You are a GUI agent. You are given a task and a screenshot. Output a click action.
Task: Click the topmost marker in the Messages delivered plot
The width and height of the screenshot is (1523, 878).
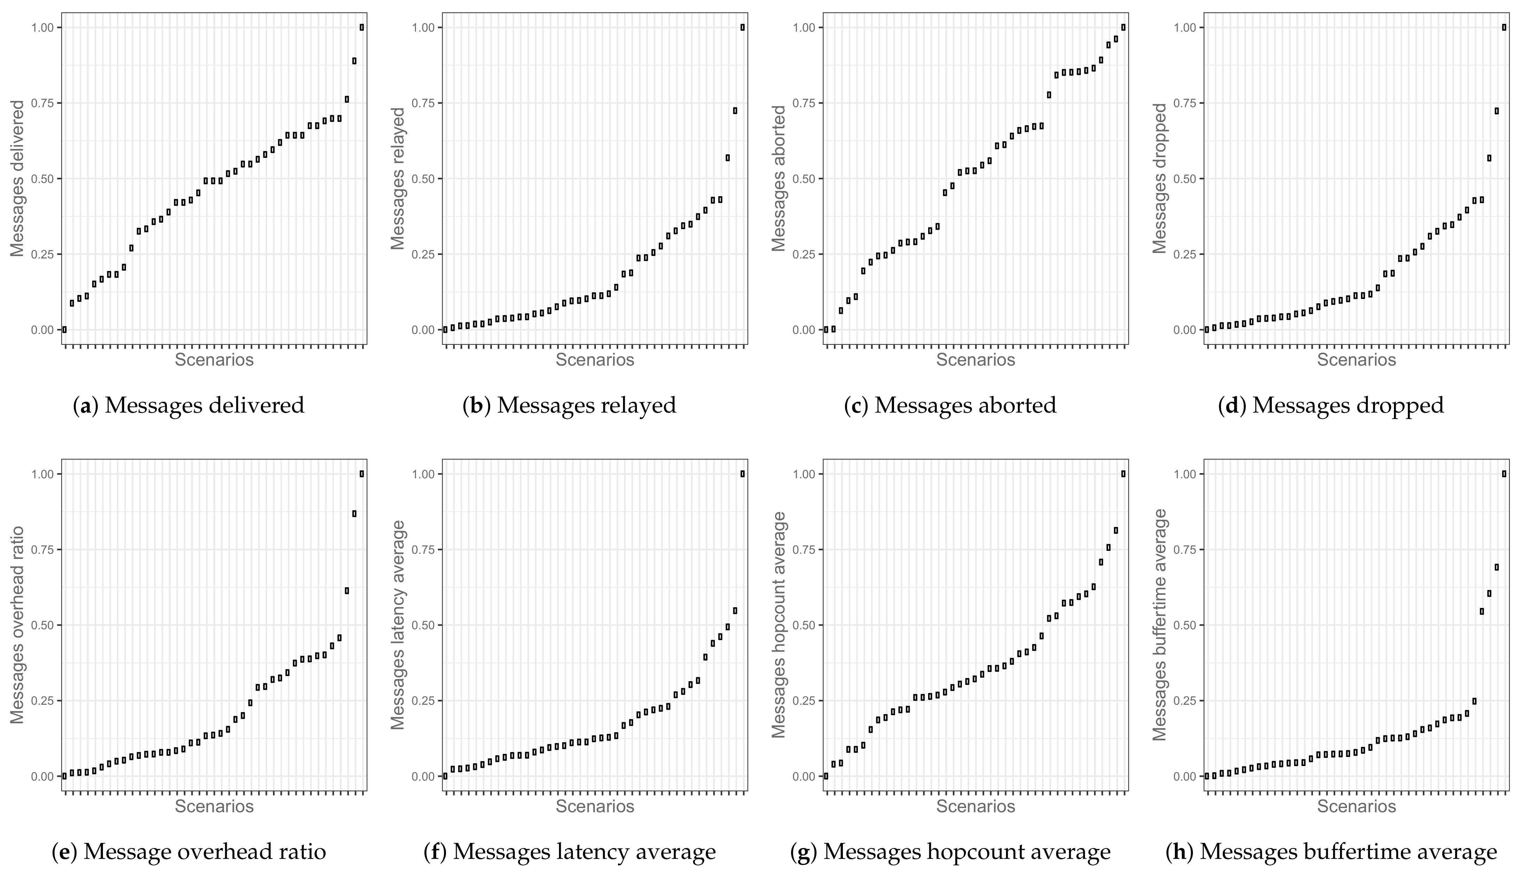[x=362, y=27]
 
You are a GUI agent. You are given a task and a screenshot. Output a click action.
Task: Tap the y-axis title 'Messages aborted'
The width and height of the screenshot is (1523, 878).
[x=780, y=178]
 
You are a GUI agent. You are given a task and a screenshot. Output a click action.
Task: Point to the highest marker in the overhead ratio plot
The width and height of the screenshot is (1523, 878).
[x=362, y=474]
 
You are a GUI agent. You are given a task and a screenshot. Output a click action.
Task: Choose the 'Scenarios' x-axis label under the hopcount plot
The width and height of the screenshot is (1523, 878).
[x=975, y=806]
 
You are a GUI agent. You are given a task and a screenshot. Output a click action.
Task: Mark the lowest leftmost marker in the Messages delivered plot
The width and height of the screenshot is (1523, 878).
[x=64, y=329]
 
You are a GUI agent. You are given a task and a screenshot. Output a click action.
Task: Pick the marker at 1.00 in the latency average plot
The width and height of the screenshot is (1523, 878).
[x=742, y=474]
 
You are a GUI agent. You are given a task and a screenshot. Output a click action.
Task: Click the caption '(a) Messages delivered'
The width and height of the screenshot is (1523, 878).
[x=189, y=405]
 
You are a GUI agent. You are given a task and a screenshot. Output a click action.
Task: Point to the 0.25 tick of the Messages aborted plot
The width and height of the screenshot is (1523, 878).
[x=803, y=254]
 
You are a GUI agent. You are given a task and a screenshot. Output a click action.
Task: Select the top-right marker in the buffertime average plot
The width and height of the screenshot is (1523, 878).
[x=1504, y=474]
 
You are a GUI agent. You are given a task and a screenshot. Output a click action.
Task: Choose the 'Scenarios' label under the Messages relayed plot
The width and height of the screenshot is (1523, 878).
[x=595, y=360]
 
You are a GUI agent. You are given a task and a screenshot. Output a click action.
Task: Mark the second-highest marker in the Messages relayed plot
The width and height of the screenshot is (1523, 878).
[x=735, y=110]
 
